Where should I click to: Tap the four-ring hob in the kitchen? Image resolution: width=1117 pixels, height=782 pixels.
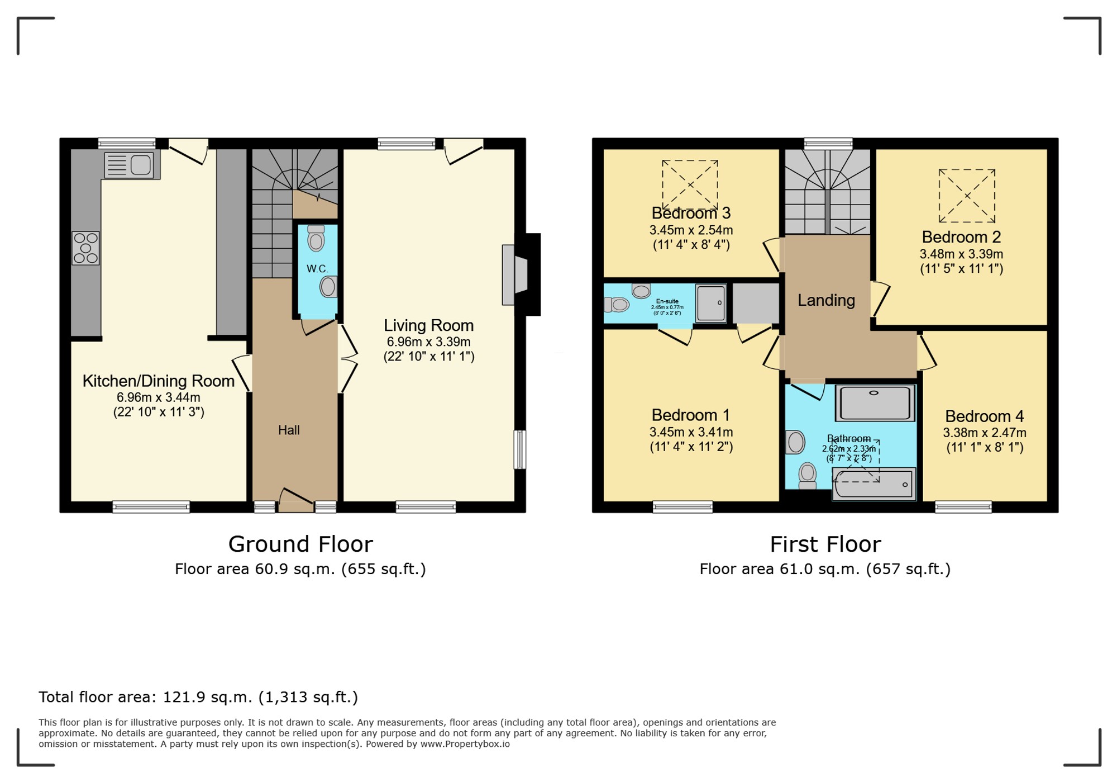(85, 248)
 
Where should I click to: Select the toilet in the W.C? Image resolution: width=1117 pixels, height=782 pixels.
(316, 239)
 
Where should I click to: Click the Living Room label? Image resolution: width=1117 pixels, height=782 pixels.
(428, 325)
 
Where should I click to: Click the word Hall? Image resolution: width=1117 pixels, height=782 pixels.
(289, 430)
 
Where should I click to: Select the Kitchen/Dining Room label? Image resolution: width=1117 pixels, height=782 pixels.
(159, 381)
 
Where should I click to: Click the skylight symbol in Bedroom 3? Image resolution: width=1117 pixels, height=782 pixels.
(690, 184)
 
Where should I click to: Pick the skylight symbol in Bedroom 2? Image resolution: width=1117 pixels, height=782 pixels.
(967, 196)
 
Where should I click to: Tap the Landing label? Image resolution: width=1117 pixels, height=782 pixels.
(826, 300)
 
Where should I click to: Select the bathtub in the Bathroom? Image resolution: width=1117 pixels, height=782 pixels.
(874, 484)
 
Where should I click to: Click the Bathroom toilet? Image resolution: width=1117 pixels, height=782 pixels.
(808, 475)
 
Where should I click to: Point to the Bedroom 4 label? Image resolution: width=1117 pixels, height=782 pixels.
(984, 416)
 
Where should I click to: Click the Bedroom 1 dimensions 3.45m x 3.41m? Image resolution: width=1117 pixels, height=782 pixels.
(691, 432)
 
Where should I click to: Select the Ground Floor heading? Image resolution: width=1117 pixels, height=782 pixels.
(300, 544)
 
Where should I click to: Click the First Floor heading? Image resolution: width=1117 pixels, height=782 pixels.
(825, 544)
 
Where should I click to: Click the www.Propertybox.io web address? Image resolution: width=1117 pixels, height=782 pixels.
(465, 744)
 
